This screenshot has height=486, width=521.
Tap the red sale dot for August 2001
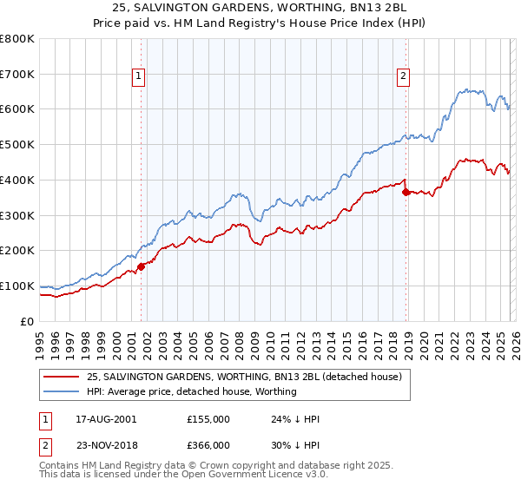pos(142,266)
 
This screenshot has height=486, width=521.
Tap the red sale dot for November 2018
pos(406,192)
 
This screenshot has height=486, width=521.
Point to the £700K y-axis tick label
pos(17,75)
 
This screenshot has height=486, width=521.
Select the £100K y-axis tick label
pos(17,286)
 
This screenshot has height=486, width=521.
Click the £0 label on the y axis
pos(28,321)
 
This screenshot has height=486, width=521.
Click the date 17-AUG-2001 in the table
pos(106,419)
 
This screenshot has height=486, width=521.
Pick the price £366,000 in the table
pos(208,443)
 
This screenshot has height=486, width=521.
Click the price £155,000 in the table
pos(208,419)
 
